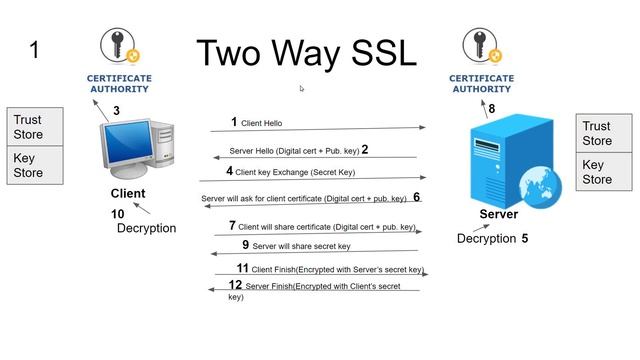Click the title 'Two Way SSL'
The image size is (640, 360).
[305, 53]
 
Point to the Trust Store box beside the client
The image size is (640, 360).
[35, 127]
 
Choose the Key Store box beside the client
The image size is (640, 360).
[35, 165]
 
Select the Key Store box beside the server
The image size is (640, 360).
[604, 172]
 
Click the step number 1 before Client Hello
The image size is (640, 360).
[234, 122]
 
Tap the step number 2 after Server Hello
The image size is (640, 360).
[365, 150]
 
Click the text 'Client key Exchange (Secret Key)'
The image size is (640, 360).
[295, 172]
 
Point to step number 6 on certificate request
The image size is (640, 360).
[416, 197]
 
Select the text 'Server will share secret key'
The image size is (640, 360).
[301, 246]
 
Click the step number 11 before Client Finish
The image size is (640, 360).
[242, 268]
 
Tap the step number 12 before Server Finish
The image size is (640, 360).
[235, 285]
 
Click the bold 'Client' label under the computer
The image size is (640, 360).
[128, 193]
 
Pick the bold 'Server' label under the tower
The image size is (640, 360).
[498, 214]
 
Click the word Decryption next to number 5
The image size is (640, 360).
[485, 239]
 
